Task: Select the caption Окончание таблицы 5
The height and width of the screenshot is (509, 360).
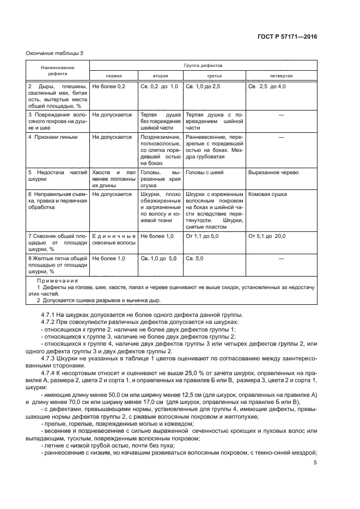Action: tap(55, 53)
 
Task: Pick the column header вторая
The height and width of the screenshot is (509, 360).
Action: tap(160, 76)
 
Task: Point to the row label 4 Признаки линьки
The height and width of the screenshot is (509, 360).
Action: tap(52, 137)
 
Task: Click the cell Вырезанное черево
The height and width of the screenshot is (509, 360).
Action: tap(273, 173)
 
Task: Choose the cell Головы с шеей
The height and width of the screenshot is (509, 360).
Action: tap(203, 173)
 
